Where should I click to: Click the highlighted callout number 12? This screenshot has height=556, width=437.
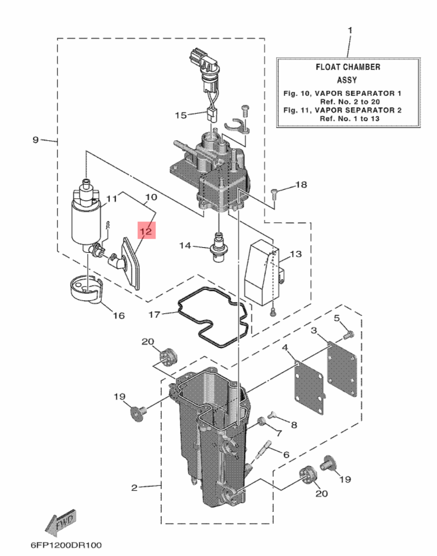point(146,231)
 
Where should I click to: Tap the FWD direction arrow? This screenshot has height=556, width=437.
point(61,522)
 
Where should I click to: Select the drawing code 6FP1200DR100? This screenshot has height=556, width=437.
point(66,545)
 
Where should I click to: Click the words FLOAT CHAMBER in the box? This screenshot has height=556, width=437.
point(348,67)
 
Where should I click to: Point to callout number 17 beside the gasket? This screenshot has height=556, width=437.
point(154,314)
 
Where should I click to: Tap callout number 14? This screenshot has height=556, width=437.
point(185,245)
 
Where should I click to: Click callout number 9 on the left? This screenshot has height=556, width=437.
point(36,140)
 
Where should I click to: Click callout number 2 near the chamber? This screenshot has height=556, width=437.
point(134,487)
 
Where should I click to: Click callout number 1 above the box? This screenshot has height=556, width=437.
point(350,30)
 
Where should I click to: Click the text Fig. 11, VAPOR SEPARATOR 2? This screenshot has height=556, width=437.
point(342,110)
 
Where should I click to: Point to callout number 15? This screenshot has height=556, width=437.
point(181,115)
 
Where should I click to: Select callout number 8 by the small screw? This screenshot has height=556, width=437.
point(294,424)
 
